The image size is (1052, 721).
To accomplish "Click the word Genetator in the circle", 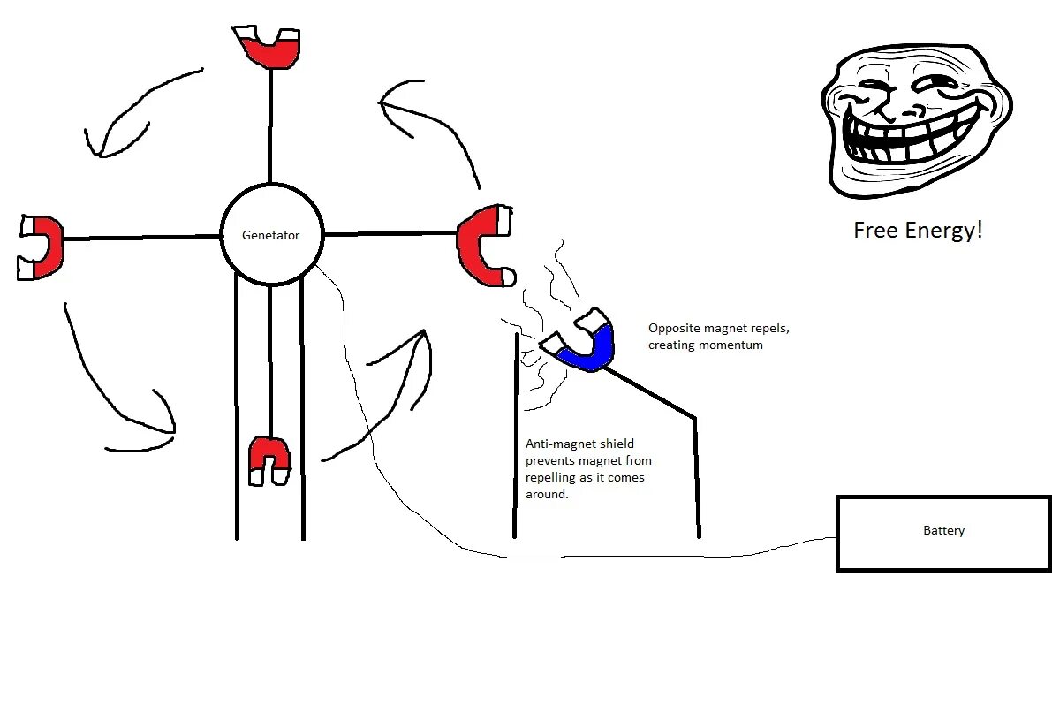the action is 271,236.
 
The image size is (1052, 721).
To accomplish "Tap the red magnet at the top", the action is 269,51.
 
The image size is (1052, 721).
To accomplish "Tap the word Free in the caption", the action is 875,231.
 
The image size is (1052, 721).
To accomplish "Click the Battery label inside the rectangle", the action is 943,531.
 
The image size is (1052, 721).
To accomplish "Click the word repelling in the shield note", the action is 554,478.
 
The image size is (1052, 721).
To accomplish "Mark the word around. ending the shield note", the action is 547,495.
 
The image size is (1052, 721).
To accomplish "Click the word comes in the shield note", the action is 626,478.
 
